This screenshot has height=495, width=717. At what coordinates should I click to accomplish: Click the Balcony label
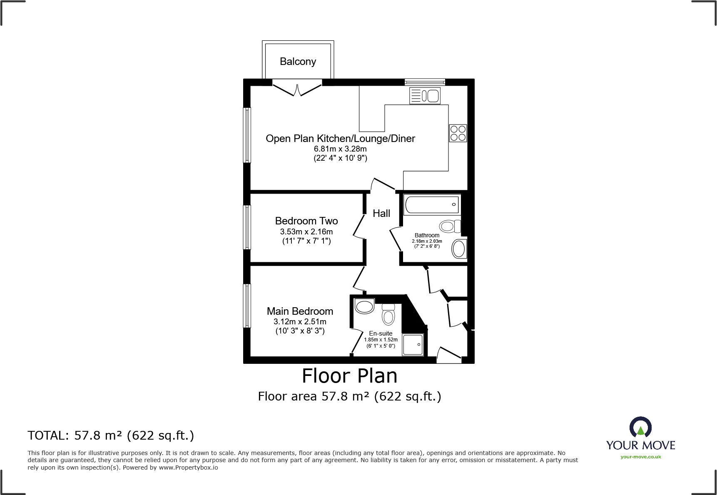click(x=298, y=62)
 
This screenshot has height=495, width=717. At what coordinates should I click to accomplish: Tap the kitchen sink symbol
click(x=425, y=96)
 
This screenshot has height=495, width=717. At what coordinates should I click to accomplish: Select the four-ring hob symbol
click(x=458, y=133)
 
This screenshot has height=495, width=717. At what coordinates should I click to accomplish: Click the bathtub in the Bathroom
click(x=432, y=205)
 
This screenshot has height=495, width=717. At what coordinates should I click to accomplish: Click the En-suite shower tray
click(x=413, y=345)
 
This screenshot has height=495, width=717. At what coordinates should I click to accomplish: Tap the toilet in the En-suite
click(x=388, y=315)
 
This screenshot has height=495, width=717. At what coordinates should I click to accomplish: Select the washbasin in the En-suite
click(x=364, y=306)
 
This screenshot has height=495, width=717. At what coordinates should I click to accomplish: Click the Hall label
click(x=381, y=214)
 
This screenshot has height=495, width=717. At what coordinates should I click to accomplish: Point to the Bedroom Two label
click(x=306, y=221)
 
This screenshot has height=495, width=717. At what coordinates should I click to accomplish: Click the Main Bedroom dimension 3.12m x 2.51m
click(x=300, y=322)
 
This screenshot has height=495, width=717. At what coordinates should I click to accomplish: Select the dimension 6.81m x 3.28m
click(x=340, y=149)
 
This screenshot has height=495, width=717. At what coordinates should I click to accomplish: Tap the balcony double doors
click(x=297, y=89)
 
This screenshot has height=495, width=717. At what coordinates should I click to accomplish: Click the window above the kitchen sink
click(x=425, y=82)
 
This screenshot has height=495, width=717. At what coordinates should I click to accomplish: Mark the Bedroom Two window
click(x=247, y=227)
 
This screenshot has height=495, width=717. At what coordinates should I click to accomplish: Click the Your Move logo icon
click(x=640, y=428)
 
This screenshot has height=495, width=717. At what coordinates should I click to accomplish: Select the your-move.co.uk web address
click(x=640, y=457)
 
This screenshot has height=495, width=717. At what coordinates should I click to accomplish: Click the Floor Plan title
click(x=349, y=376)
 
